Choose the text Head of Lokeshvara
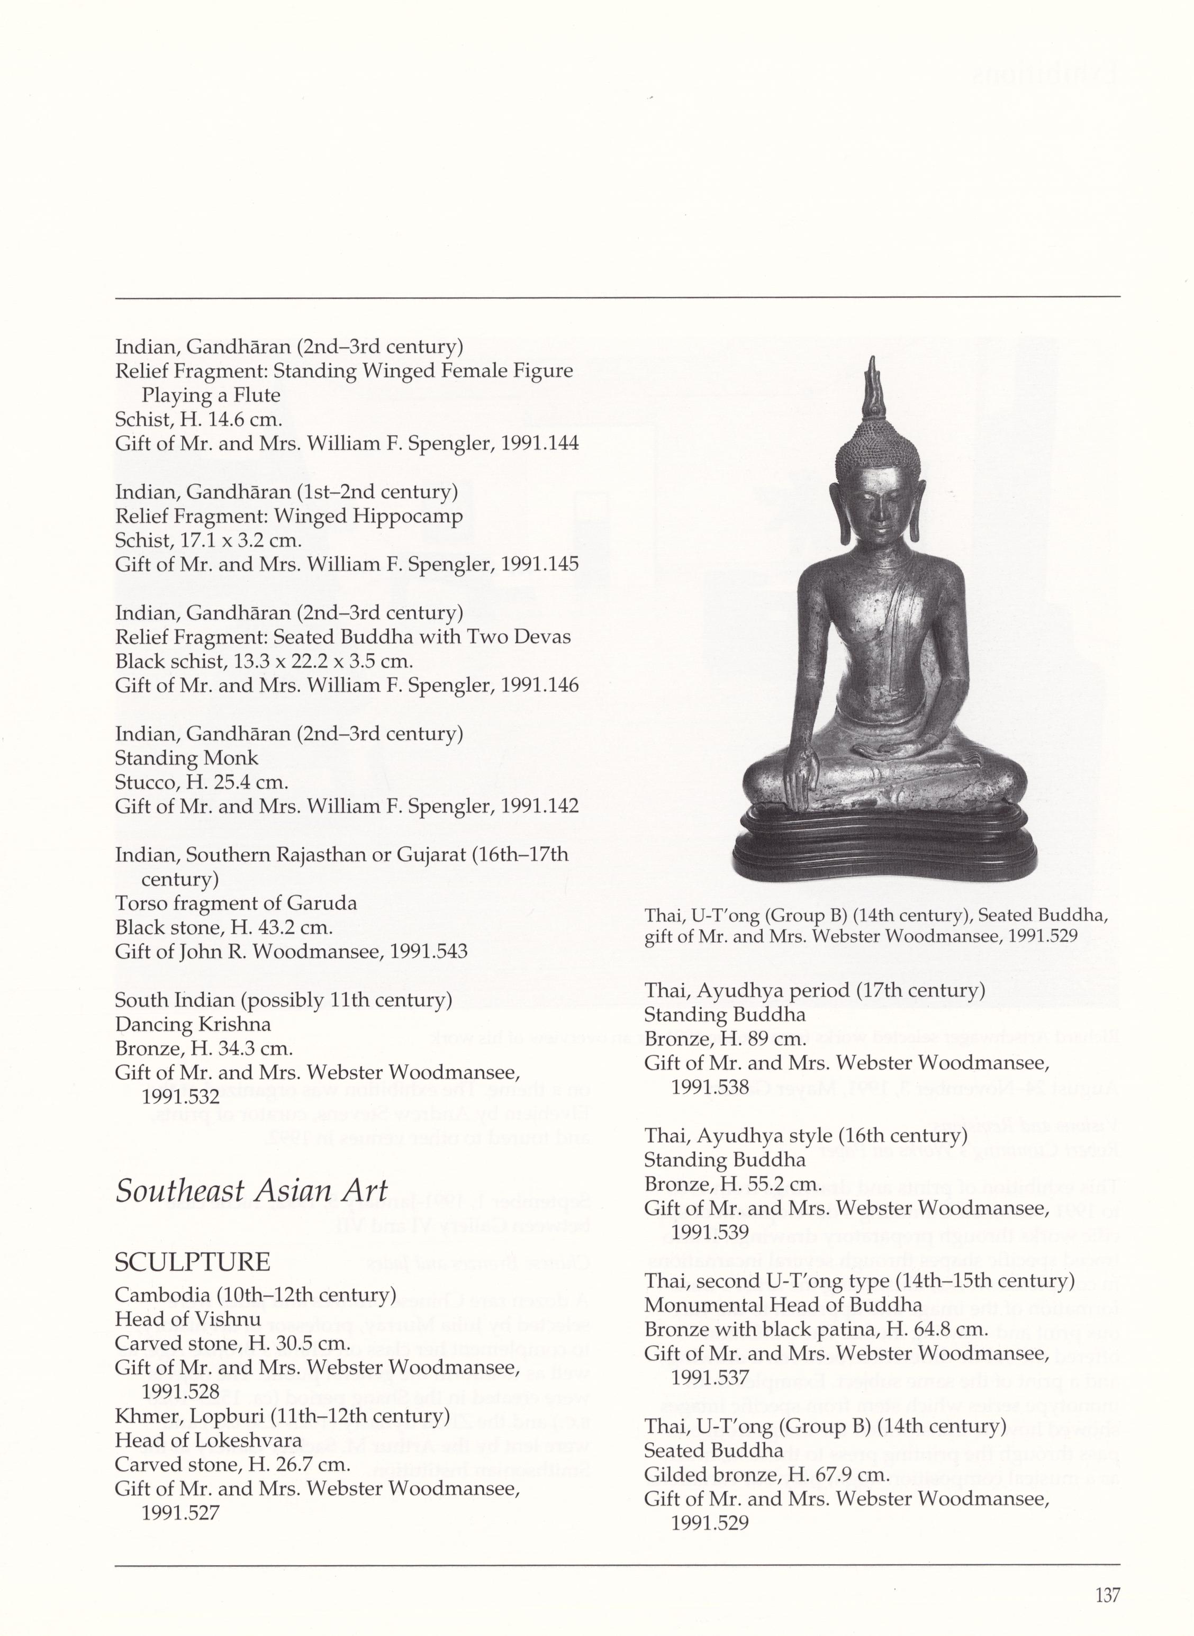[x=208, y=1440]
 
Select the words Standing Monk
[x=186, y=758]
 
